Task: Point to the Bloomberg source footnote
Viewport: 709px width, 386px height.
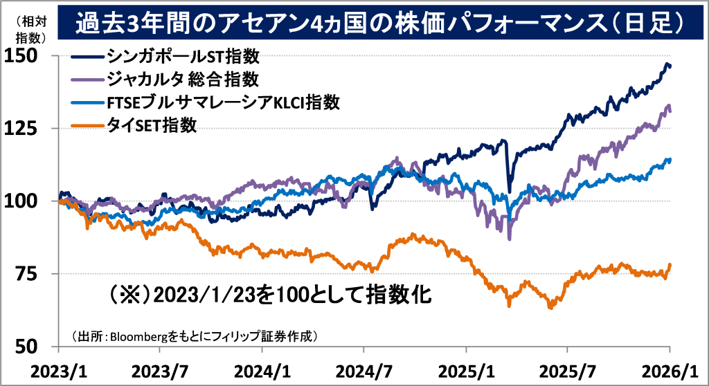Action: pyautogui.click(x=194, y=336)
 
